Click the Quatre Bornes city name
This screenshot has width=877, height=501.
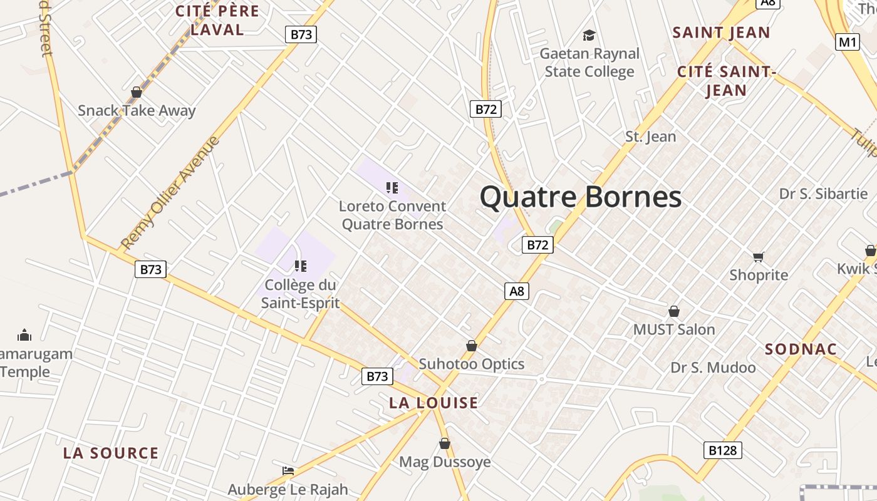(581, 197)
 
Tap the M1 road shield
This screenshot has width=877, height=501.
(848, 42)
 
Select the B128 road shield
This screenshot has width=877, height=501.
(722, 450)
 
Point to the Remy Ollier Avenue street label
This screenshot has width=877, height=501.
(170, 192)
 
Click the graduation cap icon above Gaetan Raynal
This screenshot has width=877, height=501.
(589, 35)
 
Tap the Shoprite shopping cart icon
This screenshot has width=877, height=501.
(759, 256)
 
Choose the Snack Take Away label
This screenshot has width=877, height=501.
(137, 111)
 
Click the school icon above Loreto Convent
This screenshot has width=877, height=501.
(392, 187)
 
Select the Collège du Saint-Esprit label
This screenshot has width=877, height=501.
(300, 294)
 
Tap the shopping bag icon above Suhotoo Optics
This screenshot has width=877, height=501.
(472, 346)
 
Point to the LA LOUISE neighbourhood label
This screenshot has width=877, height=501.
(433, 403)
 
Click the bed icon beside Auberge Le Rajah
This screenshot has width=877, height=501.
(288, 470)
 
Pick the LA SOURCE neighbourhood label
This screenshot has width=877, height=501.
(111, 453)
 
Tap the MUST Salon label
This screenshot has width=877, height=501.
(674, 329)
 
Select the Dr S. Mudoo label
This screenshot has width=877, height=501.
(713, 368)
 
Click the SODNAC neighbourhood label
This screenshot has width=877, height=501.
(801, 349)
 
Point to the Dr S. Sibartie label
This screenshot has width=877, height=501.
(823, 194)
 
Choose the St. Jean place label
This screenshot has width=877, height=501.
(651, 137)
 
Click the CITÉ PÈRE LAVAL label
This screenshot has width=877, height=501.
(217, 20)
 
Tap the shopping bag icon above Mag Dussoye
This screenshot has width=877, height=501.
(445, 443)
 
